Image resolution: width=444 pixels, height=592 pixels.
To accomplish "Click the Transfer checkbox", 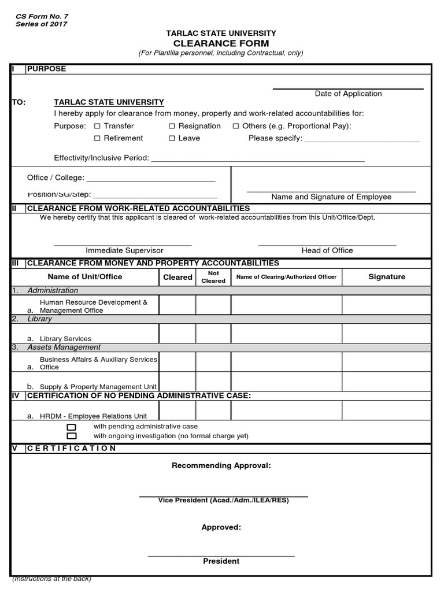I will [x=97, y=126].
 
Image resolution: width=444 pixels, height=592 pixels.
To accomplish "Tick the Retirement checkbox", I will [x=97, y=138].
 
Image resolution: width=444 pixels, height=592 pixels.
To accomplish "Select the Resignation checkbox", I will [x=172, y=126].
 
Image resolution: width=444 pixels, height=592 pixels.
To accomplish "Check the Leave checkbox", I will [x=172, y=138].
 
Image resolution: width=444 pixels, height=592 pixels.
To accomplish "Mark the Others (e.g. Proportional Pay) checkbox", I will [x=236, y=126].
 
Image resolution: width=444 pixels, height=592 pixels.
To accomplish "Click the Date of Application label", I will [x=348, y=94].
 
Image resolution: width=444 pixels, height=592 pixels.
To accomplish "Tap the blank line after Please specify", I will [x=362, y=139].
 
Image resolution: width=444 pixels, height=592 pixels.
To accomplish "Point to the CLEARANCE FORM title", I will [x=221, y=43].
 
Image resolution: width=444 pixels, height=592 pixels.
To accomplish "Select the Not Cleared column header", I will [x=213, y=277].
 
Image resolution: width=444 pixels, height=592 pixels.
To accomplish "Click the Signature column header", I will [x=387, y=277].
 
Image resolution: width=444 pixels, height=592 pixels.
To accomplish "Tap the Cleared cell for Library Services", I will [x=177, y=334].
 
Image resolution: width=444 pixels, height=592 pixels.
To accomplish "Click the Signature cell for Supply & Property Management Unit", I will [x=386, y=382].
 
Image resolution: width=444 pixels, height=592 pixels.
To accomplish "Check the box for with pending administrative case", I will [x=72, y=427].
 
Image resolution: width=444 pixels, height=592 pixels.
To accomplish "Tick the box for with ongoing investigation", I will [x=72, y=436].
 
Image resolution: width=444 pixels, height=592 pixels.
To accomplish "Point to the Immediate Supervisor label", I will [x=124, y=250].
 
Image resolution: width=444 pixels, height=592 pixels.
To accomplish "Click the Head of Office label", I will [x=327, y=250].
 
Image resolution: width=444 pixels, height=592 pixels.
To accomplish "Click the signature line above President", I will [x=221, y=556].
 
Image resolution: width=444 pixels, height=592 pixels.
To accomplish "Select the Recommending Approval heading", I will [x=221, y=465].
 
